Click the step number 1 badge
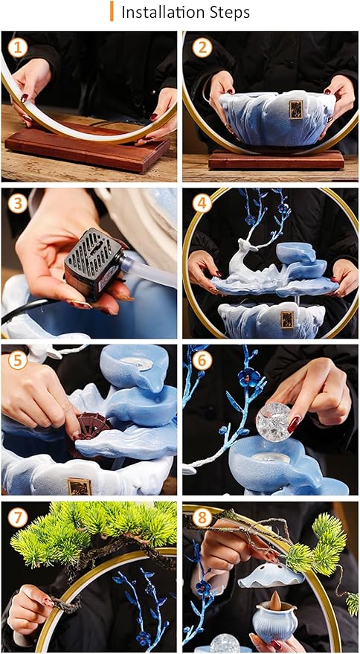[x=19, y=49]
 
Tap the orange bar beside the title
[x=112, y=12]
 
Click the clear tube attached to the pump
[x=149, y=269]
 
